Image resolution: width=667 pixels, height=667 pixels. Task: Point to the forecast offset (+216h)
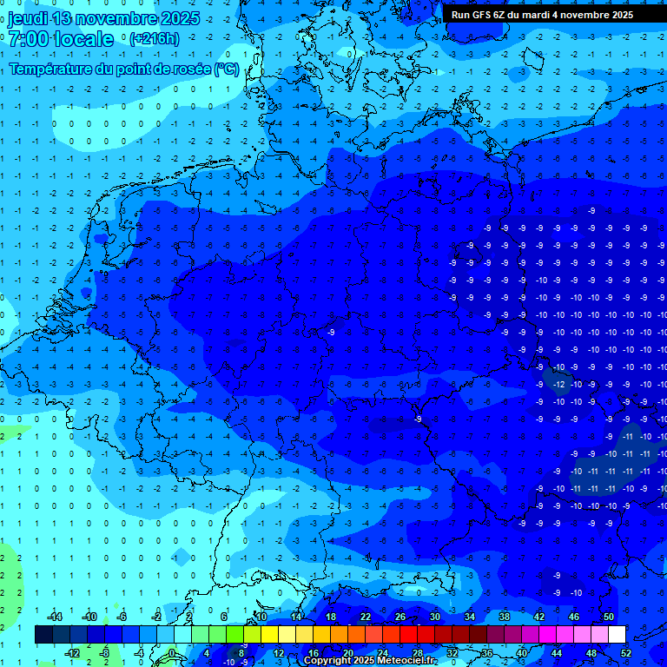coord(154,39)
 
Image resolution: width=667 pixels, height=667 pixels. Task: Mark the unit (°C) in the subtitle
coord(226,69)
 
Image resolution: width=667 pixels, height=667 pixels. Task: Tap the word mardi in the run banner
coord(546,15)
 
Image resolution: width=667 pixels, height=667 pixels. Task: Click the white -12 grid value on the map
coord(559,384)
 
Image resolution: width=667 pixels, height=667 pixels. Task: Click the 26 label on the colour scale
coord(400,617)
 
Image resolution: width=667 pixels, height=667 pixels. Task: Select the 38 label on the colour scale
coord(505,617)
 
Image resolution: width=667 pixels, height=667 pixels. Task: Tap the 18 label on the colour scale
coord(331,617)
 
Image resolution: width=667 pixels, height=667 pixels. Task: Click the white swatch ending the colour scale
coord(641,635)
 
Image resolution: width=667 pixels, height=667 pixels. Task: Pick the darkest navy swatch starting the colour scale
coord(43,635)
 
